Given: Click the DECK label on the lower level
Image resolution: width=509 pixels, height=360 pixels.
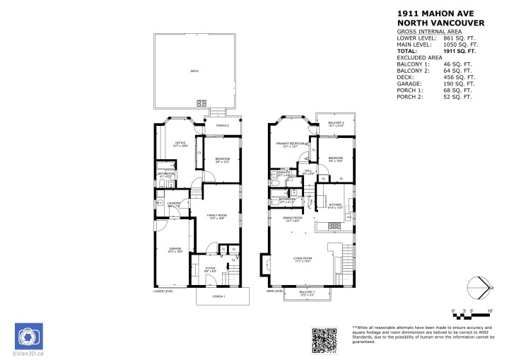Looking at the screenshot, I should (194, 71).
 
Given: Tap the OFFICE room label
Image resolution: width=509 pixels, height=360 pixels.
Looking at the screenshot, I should (180, 144).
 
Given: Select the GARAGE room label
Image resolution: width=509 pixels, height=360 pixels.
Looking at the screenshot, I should (175, 250).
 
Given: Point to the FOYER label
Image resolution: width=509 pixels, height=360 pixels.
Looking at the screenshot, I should (210, 269).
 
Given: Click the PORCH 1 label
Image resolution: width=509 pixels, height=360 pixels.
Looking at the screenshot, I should (218, 296).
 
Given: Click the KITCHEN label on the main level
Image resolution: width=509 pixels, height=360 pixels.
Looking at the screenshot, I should (334, 206).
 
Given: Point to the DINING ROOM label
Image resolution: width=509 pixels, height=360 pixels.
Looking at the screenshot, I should (293, 219).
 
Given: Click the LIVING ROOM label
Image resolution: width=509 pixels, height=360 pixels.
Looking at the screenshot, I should (303, 260).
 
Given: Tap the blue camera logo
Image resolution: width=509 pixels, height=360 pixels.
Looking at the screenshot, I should (29, 336).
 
